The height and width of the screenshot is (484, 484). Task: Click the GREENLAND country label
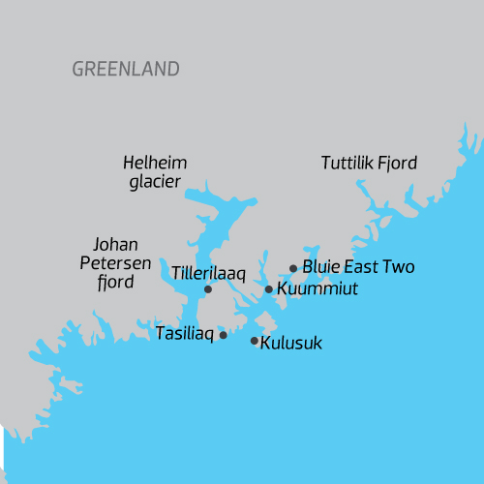click(126, 70)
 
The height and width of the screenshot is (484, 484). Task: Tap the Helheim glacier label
click(155, 172)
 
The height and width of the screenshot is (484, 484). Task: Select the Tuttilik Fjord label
click(369, 164)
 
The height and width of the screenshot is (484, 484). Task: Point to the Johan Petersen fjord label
click(112, 262)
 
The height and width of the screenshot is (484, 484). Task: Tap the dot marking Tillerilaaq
click(208, 288)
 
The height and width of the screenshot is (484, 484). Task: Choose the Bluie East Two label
click(358, 266)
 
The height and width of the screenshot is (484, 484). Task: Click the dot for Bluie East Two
click(293, 268)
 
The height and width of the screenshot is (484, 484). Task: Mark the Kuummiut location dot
click(269, 288)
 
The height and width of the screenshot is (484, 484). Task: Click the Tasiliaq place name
click(185, 334)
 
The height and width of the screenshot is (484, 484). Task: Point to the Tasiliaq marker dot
click(224, 335)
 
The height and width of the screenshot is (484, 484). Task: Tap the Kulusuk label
click(291, 343)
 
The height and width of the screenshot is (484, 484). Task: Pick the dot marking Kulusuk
click(255, 341)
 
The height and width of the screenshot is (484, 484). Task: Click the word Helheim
click(155, 163)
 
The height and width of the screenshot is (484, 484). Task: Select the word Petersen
click(112, 262)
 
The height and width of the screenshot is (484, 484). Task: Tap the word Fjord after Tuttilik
click(397, 164)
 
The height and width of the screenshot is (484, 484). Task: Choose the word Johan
click(113, 244)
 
